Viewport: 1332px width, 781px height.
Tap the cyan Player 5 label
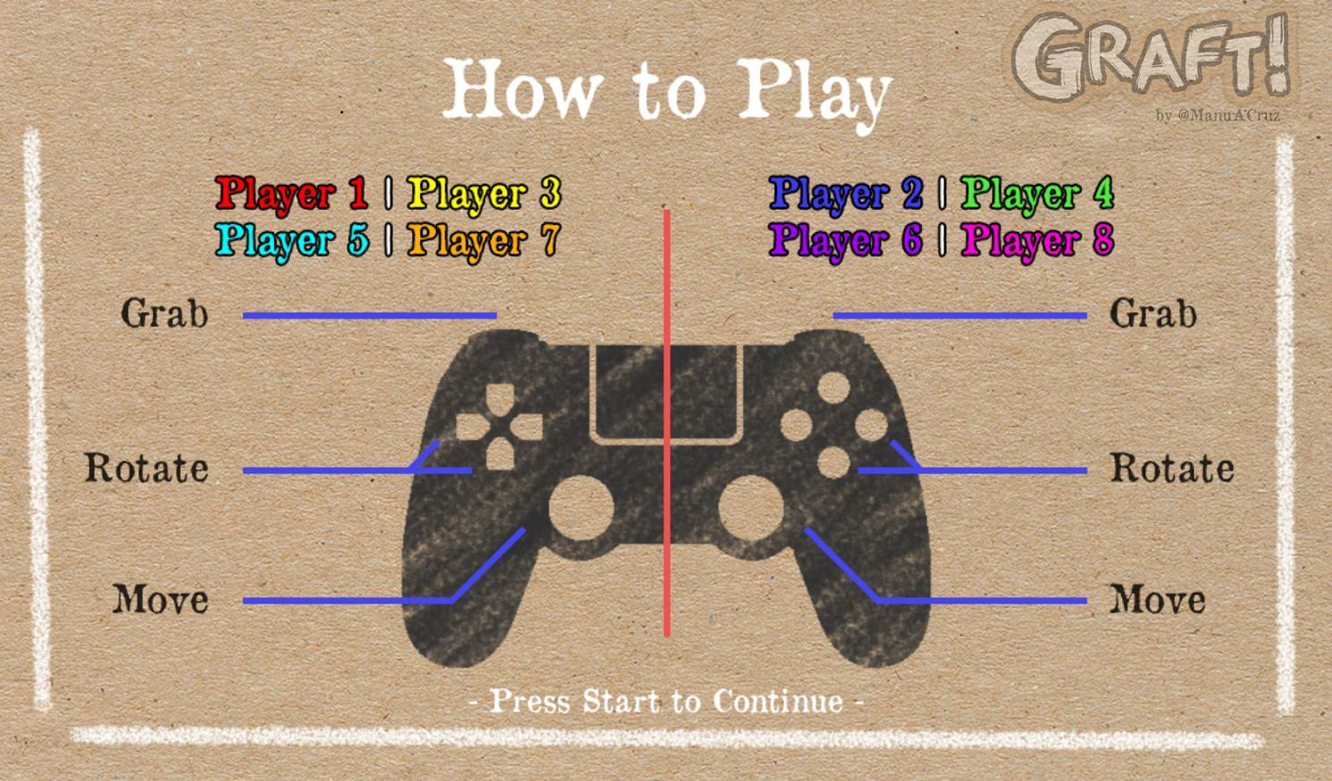[x=291, y=240]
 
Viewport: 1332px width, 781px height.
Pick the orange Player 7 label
[x=482, y=240]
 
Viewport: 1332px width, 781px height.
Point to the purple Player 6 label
[x=846, y=240]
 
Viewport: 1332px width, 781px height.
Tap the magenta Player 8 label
[x=1037, y=240]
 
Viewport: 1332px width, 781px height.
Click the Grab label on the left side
[x=164, y=313]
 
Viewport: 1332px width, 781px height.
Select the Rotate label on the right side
[x=1172, y=468]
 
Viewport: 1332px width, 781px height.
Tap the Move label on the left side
[x=161, y=599]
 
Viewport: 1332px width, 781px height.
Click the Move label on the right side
[x=1158, y=599]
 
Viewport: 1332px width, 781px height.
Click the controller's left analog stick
[x=581, y=509]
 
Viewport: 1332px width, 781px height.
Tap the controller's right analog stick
[x=751, y=509]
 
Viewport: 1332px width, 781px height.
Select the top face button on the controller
[x=834, y=388]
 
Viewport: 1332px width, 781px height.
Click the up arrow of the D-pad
[x=500, y=399]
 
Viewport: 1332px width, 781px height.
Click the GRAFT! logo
[x=1152, y=55]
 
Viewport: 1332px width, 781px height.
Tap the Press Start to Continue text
[x=666, y=701]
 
